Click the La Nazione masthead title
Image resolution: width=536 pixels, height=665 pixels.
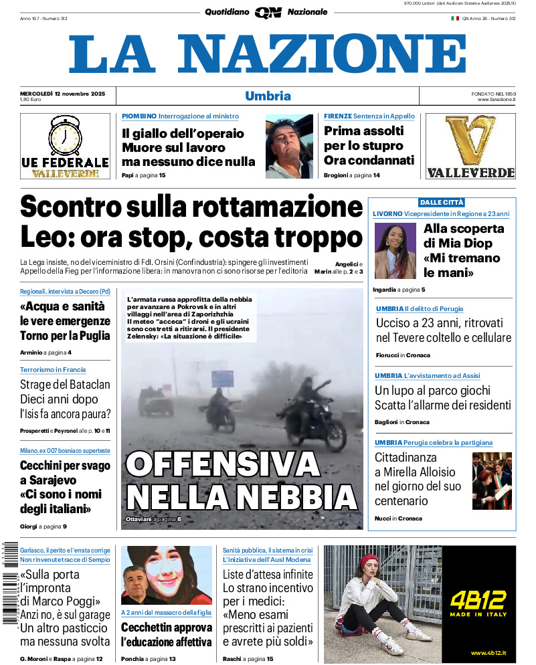(x=268, y=54)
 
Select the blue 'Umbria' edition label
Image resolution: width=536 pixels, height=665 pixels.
(x=268, y=96)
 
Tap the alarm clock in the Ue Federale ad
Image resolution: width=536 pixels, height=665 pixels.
(x=65, y=136)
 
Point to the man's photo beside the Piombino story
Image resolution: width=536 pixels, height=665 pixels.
(x=289, y=147)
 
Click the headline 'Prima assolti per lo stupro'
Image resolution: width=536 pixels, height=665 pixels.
(x=369, y=146)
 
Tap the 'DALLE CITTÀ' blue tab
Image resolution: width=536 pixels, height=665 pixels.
(x=442, y=202)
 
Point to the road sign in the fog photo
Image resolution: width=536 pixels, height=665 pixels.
(x=222, y=378)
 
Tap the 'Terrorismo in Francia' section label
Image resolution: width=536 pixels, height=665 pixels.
(x=53, y=369)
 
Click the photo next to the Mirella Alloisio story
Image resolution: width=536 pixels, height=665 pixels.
(x=492, y=481)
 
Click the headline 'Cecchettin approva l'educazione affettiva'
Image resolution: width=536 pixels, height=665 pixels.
(x=167, y=635)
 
